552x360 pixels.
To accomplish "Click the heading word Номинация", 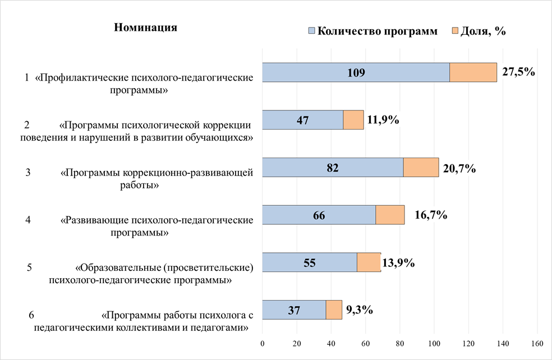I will point(146,27).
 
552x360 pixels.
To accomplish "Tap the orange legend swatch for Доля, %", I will point(455,31).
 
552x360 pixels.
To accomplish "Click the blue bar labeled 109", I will point(356,72).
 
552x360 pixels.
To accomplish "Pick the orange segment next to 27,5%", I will point(473,72).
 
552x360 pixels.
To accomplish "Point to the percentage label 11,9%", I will point(383,119).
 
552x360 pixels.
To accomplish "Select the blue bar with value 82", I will point(333,167).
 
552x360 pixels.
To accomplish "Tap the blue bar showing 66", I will point(319,215).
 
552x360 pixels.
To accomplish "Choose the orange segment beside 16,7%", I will point(390,215).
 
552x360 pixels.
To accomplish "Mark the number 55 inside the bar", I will point(310,262).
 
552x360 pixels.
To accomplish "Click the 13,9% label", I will point(398,262).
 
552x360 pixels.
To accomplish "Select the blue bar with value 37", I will point(294,310).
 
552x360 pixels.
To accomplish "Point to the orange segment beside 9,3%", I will point(334,310).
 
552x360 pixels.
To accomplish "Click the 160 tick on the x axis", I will point(537,343).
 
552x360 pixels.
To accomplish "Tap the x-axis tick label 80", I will point(400,343).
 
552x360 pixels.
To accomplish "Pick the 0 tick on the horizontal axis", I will point(263,343).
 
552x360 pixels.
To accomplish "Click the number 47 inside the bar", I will point(303,119).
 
